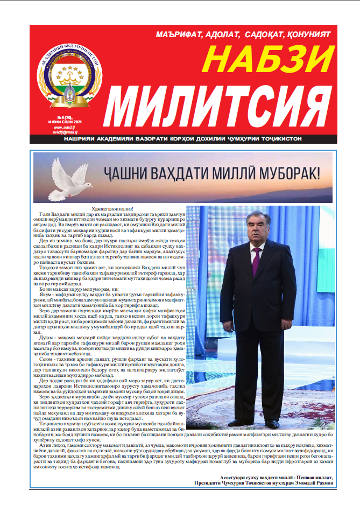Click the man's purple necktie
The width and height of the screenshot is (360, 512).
tap(256, 261)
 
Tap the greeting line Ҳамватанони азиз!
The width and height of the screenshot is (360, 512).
tap(105, 209)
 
